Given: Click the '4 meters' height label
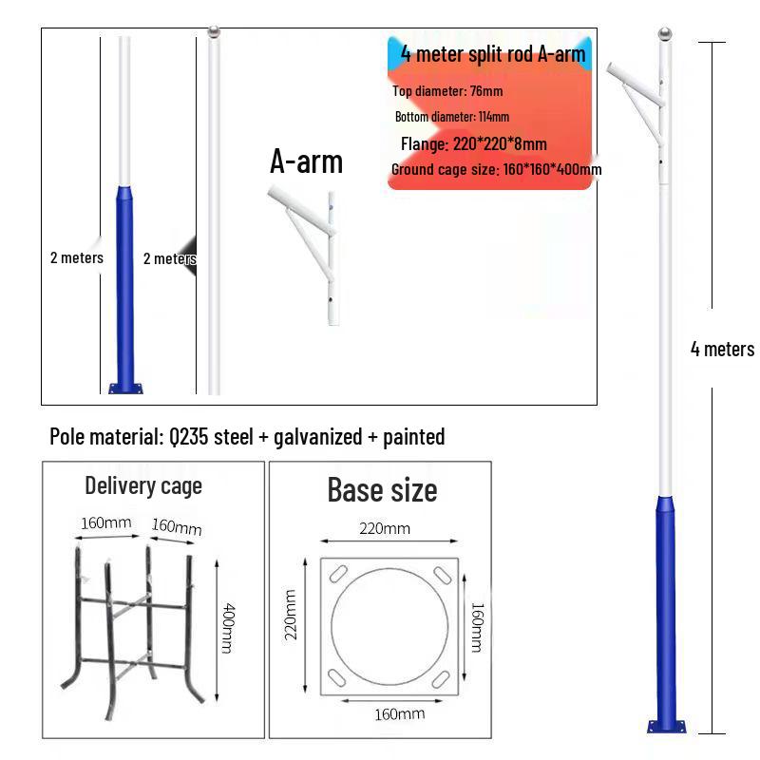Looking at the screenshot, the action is (722, 349).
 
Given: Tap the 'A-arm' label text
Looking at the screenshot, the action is (306, 161).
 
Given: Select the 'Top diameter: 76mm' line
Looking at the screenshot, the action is (447, 91).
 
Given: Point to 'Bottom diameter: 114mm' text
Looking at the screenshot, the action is (452, 117).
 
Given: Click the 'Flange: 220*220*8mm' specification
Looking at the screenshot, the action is (473, 144).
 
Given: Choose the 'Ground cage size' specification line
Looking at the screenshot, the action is (496, 170).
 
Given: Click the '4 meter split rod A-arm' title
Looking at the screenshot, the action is (492, 53).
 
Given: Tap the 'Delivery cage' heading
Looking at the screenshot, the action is (143, 485).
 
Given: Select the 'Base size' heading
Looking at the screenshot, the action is (382, 489).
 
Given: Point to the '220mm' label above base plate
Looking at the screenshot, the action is (384, 528).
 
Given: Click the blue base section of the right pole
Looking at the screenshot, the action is (665, 608).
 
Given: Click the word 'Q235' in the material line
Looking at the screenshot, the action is (192, 437).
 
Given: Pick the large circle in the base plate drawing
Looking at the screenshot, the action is (389, 622).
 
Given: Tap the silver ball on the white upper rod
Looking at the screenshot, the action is (213, 33).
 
